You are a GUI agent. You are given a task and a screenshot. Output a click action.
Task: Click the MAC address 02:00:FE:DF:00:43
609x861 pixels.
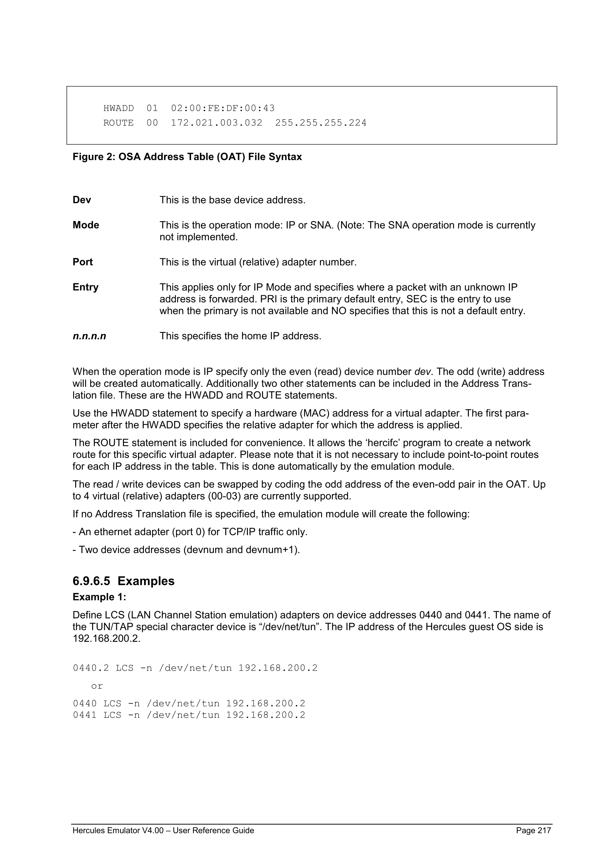tap(223, 109)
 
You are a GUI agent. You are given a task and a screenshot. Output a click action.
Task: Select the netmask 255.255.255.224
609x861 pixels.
tap(321, 123)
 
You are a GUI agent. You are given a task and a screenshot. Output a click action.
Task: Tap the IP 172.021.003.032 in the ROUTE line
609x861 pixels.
tap(217, 123)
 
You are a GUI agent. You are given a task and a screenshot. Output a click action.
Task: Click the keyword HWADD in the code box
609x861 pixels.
tap(118, 109)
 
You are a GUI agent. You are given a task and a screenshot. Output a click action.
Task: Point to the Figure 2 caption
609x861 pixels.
tap(187, 157)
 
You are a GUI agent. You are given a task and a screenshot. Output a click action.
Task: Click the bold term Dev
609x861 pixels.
tap(82, 200)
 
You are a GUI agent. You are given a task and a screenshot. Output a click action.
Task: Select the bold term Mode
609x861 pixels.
tap(86, 225)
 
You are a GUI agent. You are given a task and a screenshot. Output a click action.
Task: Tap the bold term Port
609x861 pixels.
tap(83, 262)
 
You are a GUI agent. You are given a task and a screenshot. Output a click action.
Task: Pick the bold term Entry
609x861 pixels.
tap(85, 287)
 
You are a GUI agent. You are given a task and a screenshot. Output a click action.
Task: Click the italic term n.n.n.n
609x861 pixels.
tap(89, 336)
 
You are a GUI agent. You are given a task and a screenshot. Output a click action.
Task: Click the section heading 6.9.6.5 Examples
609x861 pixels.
tap(123, 581)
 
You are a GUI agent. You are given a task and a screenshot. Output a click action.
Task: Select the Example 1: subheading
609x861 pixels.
tap(99, 597)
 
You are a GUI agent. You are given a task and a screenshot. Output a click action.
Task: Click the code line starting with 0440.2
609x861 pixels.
tap(195, 668)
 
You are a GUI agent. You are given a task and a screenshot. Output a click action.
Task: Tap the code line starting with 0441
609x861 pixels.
tap(189, 715)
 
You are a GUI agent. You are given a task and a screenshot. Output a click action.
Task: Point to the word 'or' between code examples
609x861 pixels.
tap(97, 686)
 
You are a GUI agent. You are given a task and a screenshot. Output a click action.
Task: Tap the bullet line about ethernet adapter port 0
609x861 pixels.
tap(190, 532)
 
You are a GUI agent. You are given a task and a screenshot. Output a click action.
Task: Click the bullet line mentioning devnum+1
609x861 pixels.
tap(186, 550)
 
